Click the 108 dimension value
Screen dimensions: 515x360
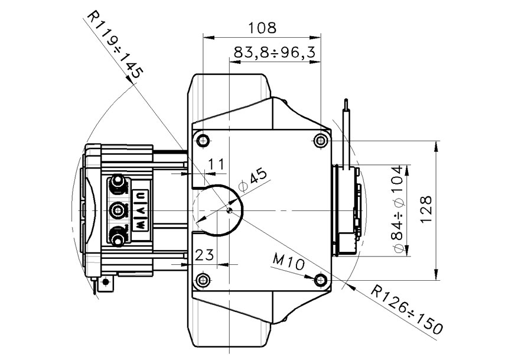[262, 28]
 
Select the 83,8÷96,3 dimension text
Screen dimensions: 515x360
[274, 52]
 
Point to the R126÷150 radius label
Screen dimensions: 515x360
[407, 310]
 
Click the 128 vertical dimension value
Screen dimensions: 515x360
[426, 210]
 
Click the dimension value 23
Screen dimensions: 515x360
[204, 254]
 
